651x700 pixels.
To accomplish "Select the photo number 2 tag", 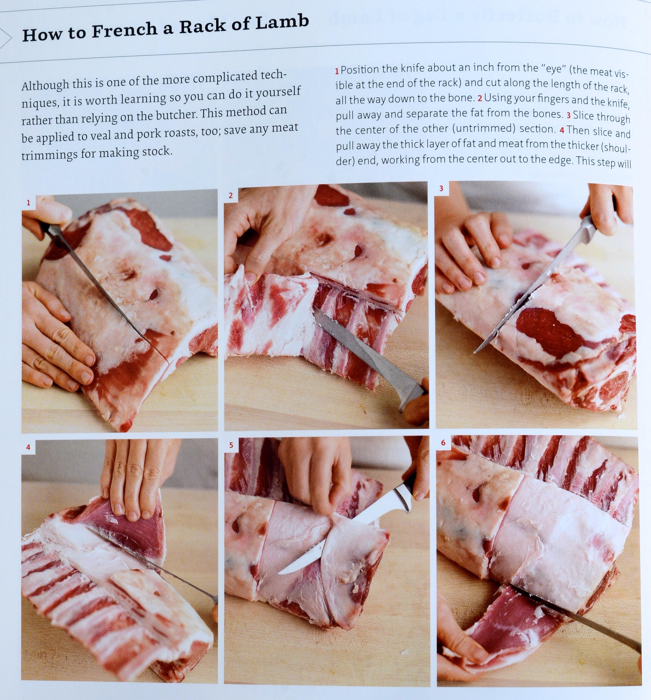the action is click(x=231, y=195).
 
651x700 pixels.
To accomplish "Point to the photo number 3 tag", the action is click(x=442, y=188).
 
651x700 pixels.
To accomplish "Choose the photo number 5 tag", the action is click(x=231, y=445).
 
